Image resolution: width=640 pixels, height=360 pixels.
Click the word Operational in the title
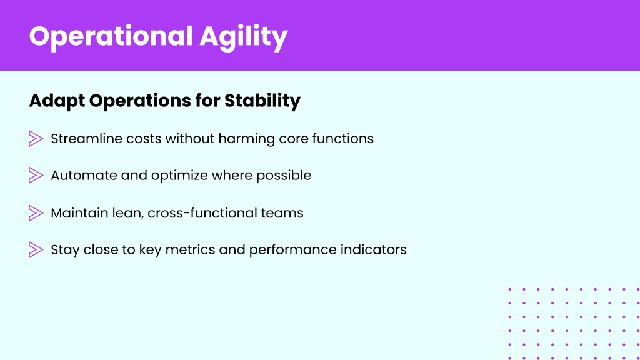[111, 37]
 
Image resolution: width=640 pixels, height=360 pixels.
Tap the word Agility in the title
[244, 37]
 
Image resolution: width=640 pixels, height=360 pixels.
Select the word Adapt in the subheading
[57, 101]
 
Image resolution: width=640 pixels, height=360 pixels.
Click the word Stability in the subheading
[262, 101]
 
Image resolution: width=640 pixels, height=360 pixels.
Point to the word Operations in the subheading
[140, 101]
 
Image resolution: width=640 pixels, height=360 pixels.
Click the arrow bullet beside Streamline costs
[36, 139]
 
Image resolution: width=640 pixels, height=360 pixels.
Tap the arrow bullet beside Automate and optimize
[36, 176]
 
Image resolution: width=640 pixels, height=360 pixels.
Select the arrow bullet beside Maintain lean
[36, 213]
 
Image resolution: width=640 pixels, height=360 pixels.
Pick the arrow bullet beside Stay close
[36, 250]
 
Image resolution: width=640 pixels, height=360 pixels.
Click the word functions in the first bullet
[343, 139]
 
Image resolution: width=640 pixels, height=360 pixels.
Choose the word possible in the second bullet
[284, 176]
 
